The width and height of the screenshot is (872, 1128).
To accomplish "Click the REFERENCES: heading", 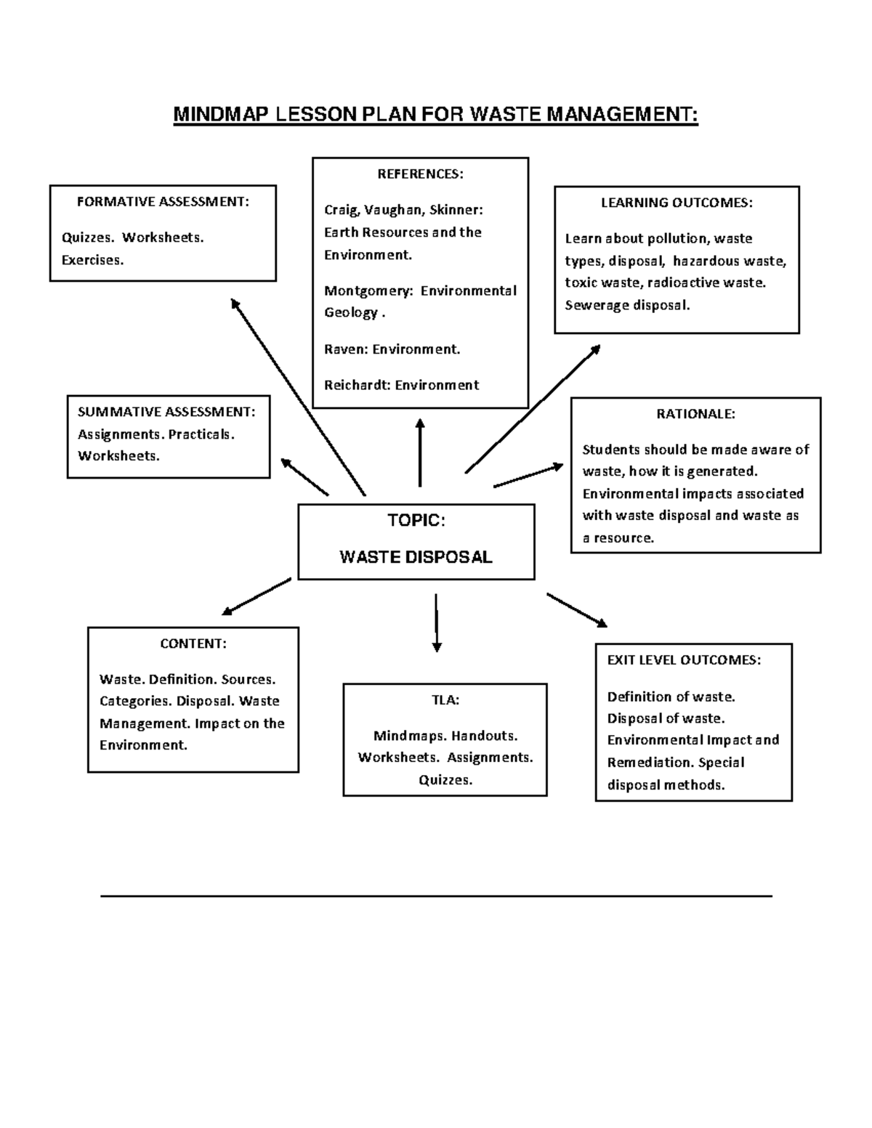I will [419, 174].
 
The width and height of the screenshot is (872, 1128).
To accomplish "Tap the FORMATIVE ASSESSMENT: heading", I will [163, 202].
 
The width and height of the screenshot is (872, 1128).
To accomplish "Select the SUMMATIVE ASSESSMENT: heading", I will [166, 412].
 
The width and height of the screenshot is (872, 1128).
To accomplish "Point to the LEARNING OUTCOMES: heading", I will [677, 203].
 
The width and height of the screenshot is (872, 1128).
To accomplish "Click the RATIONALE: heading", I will [695, 414].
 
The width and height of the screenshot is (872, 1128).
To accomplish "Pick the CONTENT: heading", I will [193, 644].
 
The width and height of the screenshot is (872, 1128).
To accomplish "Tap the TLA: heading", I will [445, 700].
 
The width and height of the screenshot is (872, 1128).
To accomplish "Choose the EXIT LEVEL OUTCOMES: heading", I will [684, 660].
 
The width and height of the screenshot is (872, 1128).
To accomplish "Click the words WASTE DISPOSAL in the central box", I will [416, 557].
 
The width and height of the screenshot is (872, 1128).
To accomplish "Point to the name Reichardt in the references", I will [357, 385].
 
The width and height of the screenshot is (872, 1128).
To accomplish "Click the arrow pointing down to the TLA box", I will [437, 622].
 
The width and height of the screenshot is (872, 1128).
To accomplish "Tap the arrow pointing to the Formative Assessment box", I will [298, 397].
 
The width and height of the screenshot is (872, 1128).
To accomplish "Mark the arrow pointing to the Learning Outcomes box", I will [533, 409].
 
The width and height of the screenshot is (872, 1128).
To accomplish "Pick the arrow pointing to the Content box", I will [257, 597].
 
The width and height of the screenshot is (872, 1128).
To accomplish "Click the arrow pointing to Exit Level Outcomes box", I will [576, 610].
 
